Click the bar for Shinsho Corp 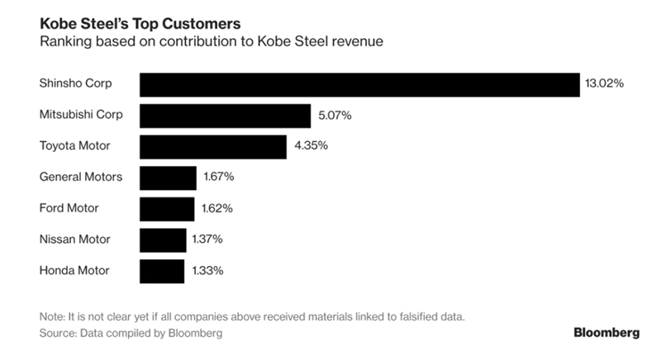click(359, 84)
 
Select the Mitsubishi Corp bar click(225, 115)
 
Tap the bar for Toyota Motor click(213, 146)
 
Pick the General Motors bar click(168, 177)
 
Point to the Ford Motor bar click(167, 208)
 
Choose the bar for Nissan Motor click(163, 239)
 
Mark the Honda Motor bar click(162, 270)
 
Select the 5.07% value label click(335, 116)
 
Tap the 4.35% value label click(311, 146)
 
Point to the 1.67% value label click(220, 178)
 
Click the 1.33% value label click(208, 270)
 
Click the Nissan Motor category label click(75, 239)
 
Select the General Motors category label click(81, 177)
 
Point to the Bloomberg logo click(606, 333)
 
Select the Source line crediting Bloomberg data click(131, 334)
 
